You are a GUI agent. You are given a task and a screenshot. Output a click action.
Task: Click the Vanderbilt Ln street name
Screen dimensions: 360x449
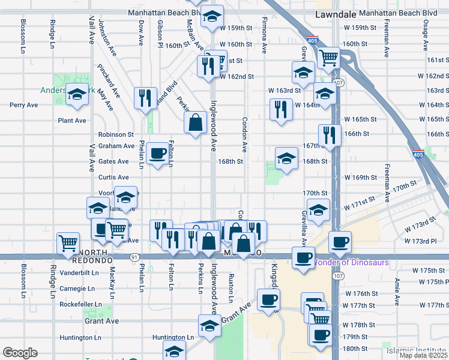(79, 272)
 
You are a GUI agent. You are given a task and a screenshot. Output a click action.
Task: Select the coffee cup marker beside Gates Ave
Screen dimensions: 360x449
(158, 154)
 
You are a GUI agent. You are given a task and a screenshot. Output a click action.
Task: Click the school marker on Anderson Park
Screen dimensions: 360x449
(76, 94)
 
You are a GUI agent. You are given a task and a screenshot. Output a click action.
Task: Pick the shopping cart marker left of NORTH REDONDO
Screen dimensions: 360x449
(68, 243)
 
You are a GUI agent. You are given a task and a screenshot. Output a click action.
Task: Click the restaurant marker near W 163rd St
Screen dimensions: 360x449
(280, 109)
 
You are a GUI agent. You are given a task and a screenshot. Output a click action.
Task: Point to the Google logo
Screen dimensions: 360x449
(20, 353)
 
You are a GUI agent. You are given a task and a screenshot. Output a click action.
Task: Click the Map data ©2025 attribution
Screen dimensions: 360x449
(423, 355)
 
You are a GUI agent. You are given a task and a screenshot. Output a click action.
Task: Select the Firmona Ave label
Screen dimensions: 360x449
(264, 37)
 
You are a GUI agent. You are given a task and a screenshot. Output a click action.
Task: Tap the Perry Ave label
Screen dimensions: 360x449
(24, 105)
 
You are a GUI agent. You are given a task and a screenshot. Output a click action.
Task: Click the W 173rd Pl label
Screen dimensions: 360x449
(420, 241)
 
